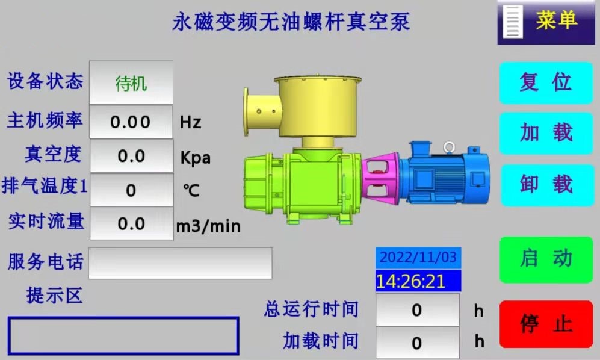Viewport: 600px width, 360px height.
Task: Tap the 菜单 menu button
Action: [546, 22]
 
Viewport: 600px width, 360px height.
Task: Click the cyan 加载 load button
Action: [546, 133]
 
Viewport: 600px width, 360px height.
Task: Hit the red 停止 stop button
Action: [546, 324]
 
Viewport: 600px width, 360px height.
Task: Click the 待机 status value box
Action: [131, 82]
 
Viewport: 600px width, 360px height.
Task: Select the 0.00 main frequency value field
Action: [131, 122]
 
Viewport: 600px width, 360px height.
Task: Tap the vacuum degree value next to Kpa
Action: [131, 157]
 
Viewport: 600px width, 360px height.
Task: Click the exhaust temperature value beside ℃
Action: [131, 190]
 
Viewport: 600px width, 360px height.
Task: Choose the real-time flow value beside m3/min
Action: [131, 224]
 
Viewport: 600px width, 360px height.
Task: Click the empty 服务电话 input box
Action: [180, 263]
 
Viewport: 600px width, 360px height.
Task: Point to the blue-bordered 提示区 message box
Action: [123, 335]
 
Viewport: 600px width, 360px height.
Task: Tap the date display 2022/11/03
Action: [418, 258]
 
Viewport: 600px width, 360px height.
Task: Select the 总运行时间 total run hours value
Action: [417, 311]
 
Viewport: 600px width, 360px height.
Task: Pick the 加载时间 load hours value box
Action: [417, 343]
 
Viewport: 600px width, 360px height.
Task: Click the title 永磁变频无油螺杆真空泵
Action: [291, 22]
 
